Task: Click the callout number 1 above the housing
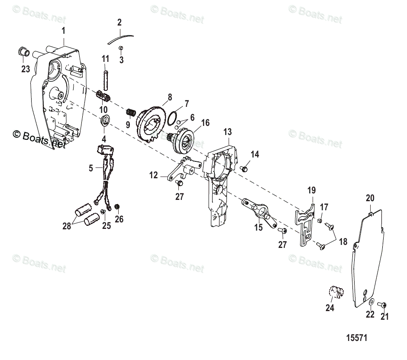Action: point(64,31)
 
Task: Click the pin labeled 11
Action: point(105,76)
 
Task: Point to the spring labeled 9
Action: point(129,113)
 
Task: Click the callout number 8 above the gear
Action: point(170,97)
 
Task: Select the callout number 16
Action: point(205,123)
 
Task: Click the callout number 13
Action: point(227,132)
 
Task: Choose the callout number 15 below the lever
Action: point(258,228)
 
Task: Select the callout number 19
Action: point(312,190)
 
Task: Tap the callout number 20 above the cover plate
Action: point(370,198)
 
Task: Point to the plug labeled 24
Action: point(334,293)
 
